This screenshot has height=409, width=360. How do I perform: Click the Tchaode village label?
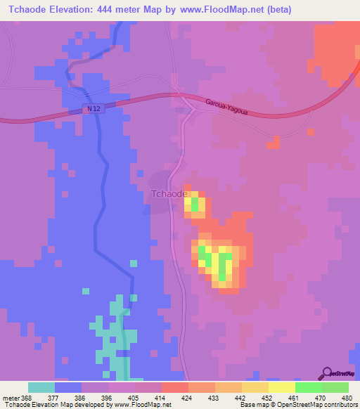pyautogui.click(x=169, y=194)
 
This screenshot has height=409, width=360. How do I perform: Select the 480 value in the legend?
pyautogui.click(x=345, y=397)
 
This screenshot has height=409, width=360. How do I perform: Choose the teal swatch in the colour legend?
pyautogui.click(x=41, y=387)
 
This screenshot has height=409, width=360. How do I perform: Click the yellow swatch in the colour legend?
pyautogui.click(x=281, y=387)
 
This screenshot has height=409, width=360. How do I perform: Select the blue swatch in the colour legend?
pyautogui.click(x=67, y=387)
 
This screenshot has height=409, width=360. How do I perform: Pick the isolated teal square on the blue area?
pyautogui.click(x=86, y=290)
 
